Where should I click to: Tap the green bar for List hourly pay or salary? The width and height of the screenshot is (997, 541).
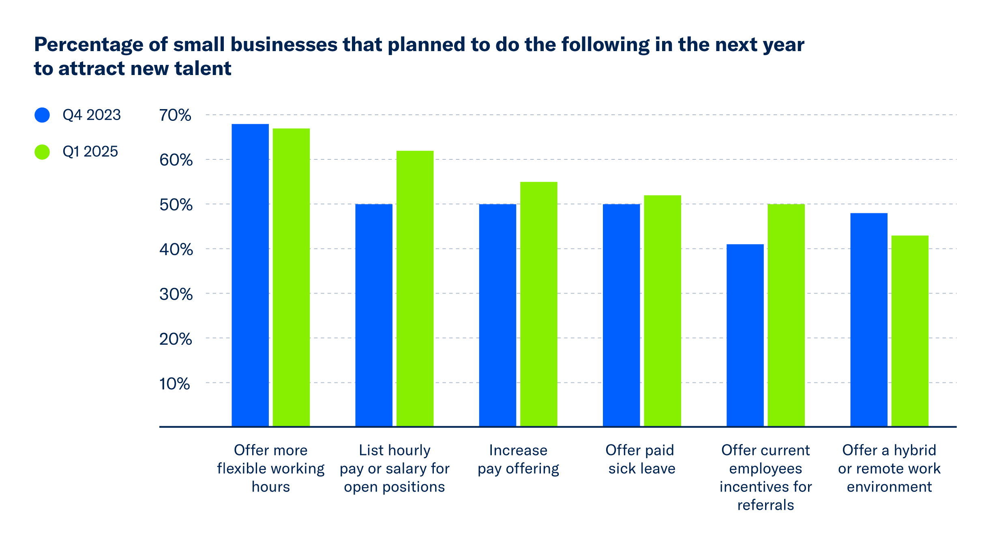[x=415, y=288]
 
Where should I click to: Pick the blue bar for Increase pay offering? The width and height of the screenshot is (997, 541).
[x=497, y=315]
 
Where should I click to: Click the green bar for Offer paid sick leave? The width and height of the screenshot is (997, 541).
[x=663, y=310]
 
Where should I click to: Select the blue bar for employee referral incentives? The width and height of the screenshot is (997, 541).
[x=745, y=335]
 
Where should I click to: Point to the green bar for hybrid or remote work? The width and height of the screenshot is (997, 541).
[x=910, y=331]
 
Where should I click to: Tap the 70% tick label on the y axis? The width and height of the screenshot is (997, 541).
[x=175, y=116]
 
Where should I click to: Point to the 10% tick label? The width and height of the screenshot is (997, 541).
[x=174, y=384]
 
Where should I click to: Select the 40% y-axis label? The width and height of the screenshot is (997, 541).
[x=176, y=249]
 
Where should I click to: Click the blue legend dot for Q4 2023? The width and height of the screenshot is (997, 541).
[x=42, y=115]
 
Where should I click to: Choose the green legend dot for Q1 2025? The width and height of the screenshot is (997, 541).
[x=42, y=152]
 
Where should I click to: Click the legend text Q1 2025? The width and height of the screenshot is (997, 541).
[x=90, y=152]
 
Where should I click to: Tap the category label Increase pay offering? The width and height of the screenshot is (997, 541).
[x=518, y=459]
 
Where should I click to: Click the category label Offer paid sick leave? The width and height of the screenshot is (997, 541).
[x=641, y=459]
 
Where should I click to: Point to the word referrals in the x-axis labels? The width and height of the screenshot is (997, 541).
[x=765, y=505]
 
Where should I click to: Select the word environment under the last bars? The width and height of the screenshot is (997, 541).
[x=889, y=487]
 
